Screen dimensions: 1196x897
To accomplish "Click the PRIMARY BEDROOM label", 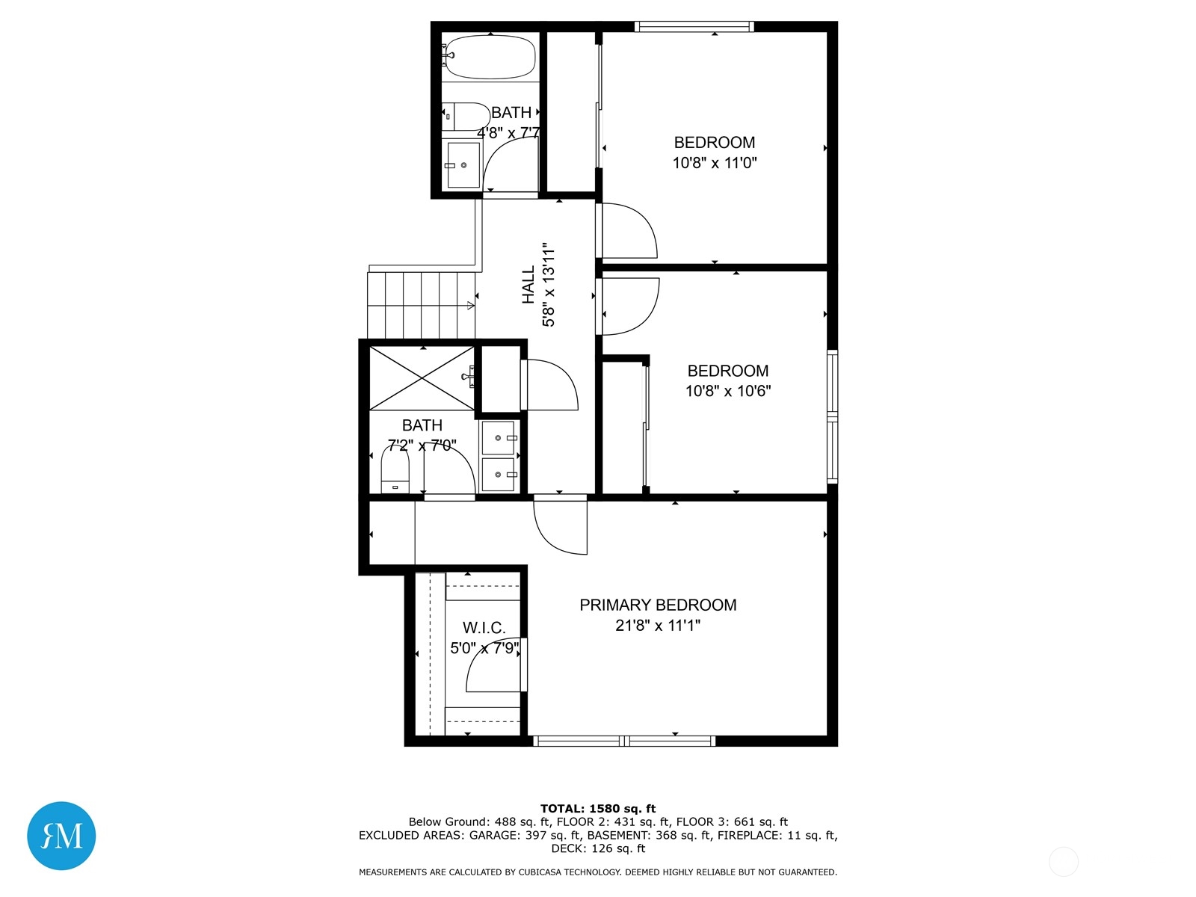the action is pyautogui.click(x=658, y=605).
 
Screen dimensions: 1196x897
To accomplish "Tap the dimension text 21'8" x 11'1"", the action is pyautogui.click(x=658, y=625).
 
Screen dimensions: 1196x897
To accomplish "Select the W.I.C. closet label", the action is pyautogui.click(x=484, y=628).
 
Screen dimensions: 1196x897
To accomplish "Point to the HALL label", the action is pyautogui.click(x=528, y=285).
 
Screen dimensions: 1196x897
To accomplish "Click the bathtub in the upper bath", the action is pyautogui.click(x=490, y=57).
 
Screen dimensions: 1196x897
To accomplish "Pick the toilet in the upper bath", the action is pyautogui.click(x=466, y=117).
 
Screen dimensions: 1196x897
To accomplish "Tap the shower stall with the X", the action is pyautogui.click(x=422, y=378).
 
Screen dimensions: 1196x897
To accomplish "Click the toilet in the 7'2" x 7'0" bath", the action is pyautogui.click(x=395, y=469).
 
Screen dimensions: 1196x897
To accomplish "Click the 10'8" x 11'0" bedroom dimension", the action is pyautogui.click(x=715, y=163).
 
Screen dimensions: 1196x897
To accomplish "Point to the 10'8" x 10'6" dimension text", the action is pyautogui.click(x=728, y=391).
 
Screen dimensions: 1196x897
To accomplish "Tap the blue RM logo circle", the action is pyautogui.click(x=61, y=836).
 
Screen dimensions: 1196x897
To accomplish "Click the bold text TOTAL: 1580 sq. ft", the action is pyautogui.click(x=598, y=809).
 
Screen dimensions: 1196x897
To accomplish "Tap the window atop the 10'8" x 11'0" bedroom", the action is pyautogui.click(x=694, y=26).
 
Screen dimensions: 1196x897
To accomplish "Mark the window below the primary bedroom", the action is pyautogui.click(x=624, y=741).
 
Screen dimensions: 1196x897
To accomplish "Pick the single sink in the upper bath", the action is pyautogui.click(x=463, y=164).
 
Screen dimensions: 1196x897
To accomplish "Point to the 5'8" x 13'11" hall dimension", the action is pyautogui.click(x=548, y=285).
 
